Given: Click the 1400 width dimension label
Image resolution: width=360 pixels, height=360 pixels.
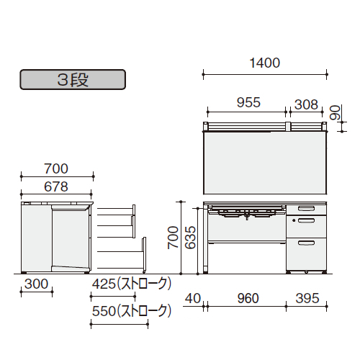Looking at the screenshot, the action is click(x=265, y=63).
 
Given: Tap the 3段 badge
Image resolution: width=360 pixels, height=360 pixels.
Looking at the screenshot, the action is click(x=73, y=80).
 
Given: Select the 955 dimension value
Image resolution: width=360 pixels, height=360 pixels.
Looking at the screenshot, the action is click(x=248, y=102).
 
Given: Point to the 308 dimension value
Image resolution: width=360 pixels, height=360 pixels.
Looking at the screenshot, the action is click(x=306, y=104).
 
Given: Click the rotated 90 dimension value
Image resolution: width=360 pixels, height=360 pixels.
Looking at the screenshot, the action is click(x=335, y=112).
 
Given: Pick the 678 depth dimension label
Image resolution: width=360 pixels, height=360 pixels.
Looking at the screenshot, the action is click(x=56, y=186).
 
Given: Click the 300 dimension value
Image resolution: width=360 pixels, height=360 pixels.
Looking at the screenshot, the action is click(x=37, y=284).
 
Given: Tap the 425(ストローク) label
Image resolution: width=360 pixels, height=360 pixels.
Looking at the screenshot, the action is click(x=132, y=284).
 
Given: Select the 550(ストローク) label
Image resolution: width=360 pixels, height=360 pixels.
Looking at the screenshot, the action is click(x=132, y=311).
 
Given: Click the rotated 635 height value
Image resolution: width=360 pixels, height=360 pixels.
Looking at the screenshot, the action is click(x=191, y=238).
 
